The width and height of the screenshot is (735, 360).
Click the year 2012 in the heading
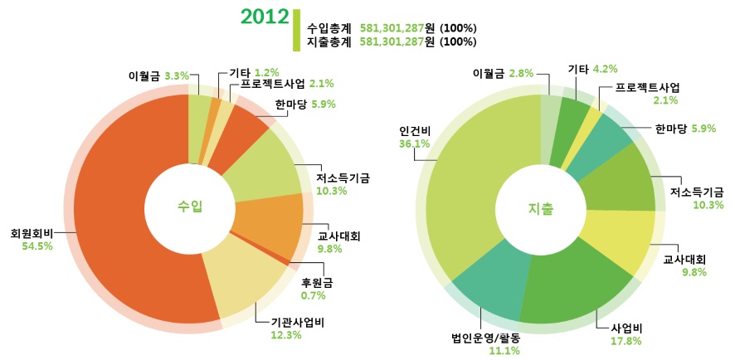click(x=264, y=17)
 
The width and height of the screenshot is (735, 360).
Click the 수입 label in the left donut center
click(x=190, y=207)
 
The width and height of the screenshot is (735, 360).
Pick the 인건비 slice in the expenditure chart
click(x=473, y=191)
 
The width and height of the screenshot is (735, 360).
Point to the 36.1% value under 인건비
click(x=414, y=144)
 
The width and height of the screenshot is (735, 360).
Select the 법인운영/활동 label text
click(x=485, y=338)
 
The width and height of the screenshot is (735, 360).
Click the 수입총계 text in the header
click(x=329, y=28)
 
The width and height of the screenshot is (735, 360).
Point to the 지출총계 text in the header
click(x=329, y=41)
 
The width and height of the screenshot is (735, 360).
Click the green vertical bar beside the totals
click(x=296, y=30)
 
